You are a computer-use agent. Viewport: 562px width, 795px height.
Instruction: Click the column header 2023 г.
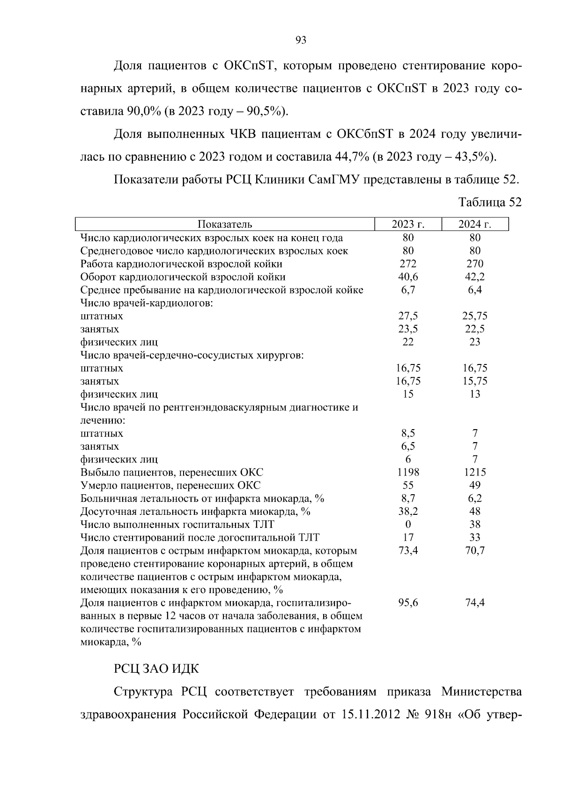pyautogui.click(x=408, y=224)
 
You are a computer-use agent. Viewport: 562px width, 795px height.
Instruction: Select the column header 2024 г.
pyautogui.click(x=474, y=224)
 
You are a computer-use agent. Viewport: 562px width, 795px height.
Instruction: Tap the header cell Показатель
pyautogui.click(x=225, y=224)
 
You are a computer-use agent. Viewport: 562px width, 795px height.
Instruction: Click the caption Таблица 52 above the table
pyautogui.click(x=489, y=202)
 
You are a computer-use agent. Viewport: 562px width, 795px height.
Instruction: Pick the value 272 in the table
pyautogui.click(x=408, y=264)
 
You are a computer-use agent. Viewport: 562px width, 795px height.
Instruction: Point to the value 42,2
pyautogui.click(x=474, y=277)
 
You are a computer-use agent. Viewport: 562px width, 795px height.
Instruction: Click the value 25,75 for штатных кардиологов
pyautogui.click(x=474, y=316)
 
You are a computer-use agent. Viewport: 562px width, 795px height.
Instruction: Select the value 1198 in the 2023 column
pyautogui.click(x=408, y=472)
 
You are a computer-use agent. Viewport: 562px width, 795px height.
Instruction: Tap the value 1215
pyautogui.click(x=474, y=472)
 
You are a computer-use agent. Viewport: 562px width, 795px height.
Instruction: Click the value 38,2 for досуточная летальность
pyautogui.click(x=408, y=512)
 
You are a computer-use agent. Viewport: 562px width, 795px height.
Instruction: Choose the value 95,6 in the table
pyautogui.click(x=408, y=603)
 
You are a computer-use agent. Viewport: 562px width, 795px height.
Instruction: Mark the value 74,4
pyautogui.click(x=474, y=603)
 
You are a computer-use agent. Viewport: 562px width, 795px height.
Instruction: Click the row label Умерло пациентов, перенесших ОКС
pyautogui.click(x=170, y=485)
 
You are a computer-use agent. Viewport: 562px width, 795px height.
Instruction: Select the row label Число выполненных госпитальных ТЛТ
pyautogui.click(x=177, y=525)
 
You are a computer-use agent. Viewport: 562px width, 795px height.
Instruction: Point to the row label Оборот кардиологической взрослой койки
pyautogui.click(x=183, y=277)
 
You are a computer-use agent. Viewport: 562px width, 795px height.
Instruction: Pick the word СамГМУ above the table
pyautogui.click(x=333, y=179)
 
